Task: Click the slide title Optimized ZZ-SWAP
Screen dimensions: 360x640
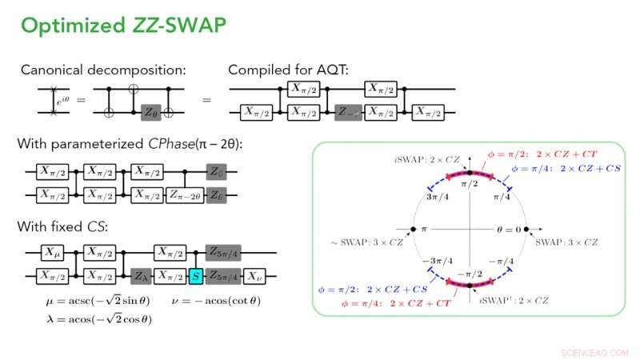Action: point(123,26)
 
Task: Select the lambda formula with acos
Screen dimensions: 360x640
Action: point(98,318)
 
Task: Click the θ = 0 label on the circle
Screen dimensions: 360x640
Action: point(506,230)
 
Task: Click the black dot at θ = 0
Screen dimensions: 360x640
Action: point(529,230)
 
